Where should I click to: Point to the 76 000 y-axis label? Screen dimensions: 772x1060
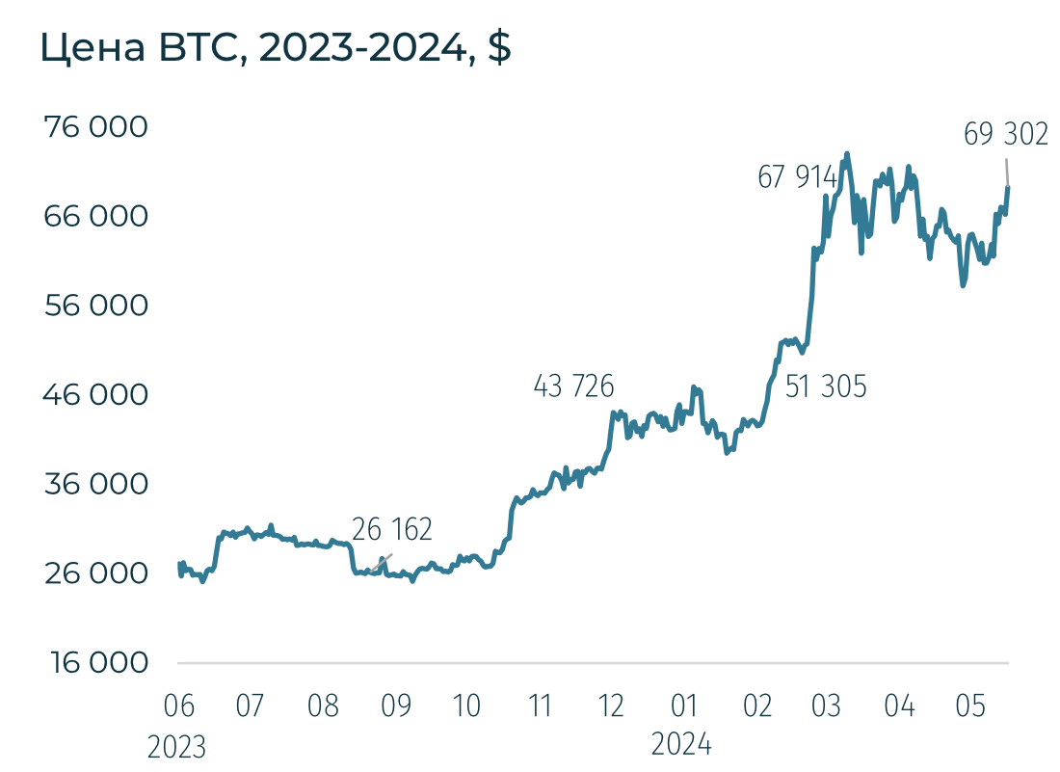pyautogui.click(x=96, y=127)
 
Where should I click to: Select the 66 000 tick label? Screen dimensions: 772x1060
pyautogui.click(x=96, y=216)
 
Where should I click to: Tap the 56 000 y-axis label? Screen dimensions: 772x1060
pyautogui.click(x=96, y=306)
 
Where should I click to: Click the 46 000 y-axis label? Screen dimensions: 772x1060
pyautogui.click(x=96, y=395)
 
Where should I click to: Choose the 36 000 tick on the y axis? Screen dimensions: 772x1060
pyautogui.click(x=96, y=484)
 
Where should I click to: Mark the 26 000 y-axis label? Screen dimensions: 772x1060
pyautogui.click(x=96, y=573)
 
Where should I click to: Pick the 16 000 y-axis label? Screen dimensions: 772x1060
pyautogui.click(x=96, y=663)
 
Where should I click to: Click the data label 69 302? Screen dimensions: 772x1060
pyautogui.click(x=1005, y=135)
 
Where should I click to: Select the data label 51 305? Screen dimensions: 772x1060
pyautogui.click(x=826, y=387)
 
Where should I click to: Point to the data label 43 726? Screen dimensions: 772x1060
pyautogui.click(x=573, y=386)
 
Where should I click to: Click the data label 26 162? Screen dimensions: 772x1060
pyautogui.click(x=392, y=529)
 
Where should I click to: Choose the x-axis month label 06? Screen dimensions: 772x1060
pyautogui.click(x=178, y=706)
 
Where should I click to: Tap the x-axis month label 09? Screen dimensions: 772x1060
pyautogui.click(x=395, y=706)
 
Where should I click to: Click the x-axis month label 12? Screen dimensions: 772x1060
pyautogui.click(x=612, y=706)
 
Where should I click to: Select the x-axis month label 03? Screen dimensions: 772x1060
pyautogui.click(x=826, y=706)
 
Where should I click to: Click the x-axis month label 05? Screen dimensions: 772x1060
pyautogui.click(x=970, y=706)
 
